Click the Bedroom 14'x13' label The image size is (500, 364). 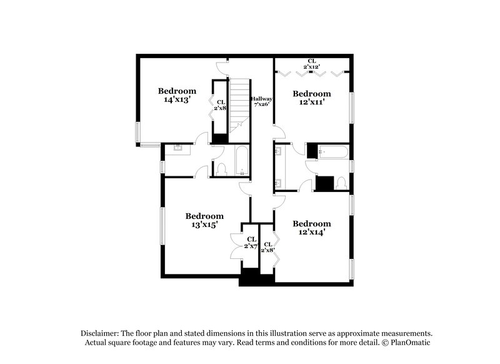pyautogui.click(x=177, y=94)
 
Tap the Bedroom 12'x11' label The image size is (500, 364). pyautogui.click(x=312, y=98)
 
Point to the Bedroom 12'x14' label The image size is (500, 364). pyautogui.click(x=312, y=228)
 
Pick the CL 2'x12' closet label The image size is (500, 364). pyautogui.click(x=311, y=63)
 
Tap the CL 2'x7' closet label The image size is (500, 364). pyautogui.click(x=251, y=243)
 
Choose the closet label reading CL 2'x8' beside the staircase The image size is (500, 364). pyautogui.click(x=220, y=104)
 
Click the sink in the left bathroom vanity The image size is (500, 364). pyautogui.click(x=177, y=149)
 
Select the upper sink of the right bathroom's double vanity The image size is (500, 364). pyautogui.click(x=278, y=151)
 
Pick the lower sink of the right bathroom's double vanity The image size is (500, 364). pyautogui.click(x=278, y=182)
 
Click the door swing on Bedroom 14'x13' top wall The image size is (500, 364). pyautogui.click(x=222, y=66)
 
